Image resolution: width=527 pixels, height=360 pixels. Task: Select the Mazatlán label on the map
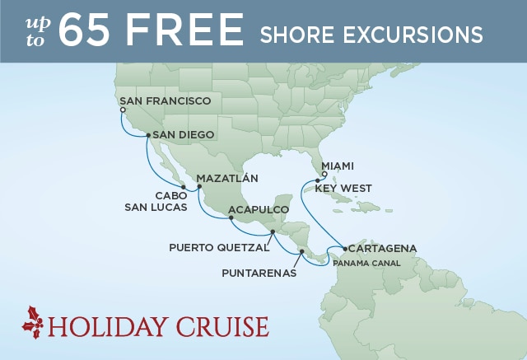point(227,178)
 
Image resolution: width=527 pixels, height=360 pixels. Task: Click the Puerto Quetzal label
point(219,246)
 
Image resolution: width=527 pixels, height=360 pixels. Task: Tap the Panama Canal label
point(366,264)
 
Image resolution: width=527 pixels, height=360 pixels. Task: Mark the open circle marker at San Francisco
point(122,110)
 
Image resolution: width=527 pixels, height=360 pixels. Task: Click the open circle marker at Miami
point(324,174)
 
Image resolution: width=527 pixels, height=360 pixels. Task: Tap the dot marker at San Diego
point(147,135)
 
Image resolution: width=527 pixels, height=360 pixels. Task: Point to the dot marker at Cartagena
point(343,247)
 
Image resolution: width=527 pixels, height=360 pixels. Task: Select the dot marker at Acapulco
point(231,217)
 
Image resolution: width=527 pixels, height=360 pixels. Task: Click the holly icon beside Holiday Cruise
point(35,320)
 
